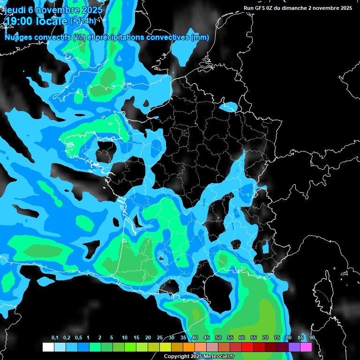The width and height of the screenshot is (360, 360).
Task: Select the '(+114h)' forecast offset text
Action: (83, 21)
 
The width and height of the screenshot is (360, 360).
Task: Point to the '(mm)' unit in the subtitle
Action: (200, 37)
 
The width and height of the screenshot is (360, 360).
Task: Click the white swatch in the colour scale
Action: (48, 347)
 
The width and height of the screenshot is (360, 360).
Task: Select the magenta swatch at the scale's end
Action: (306, 347)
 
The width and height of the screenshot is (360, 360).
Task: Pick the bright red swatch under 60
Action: (247, 347)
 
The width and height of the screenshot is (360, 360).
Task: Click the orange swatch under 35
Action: (189, 347)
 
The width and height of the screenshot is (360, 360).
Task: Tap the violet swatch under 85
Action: (294, 347)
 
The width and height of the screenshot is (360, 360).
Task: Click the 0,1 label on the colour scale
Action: (55, 338)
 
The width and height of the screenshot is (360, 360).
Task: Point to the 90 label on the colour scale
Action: (312, 338)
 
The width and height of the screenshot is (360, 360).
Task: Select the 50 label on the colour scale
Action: (218, 338)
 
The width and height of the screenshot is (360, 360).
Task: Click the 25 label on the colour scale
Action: (160, 338)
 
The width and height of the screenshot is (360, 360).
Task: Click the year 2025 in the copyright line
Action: (196, 357)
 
